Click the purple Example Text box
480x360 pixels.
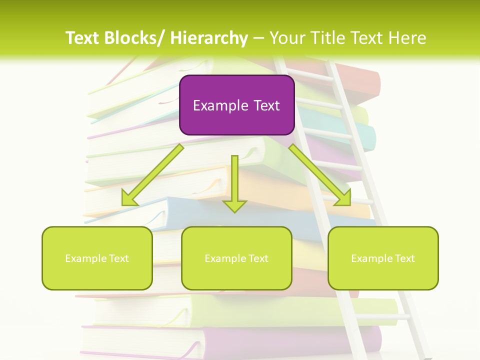point(236,105)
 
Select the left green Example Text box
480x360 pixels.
point(97,258)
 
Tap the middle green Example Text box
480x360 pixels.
point(236,258)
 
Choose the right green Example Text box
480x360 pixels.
point(383,258)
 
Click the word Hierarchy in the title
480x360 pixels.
point(208,38)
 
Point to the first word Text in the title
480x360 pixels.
point(82,38)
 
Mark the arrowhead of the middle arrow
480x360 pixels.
point(234,205)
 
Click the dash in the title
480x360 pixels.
point(258,38)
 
